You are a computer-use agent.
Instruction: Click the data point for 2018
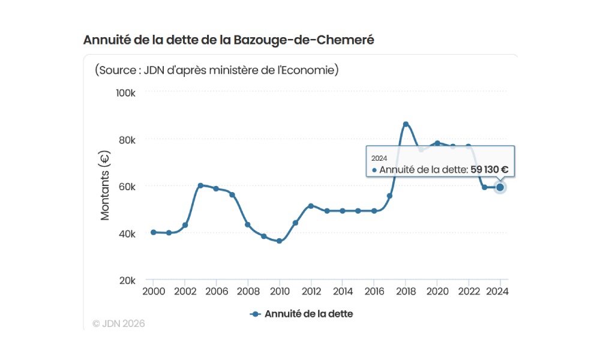tap(406, 124)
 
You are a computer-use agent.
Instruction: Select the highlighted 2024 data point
tap(500, 187)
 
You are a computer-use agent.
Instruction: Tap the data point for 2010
tap(280, 241)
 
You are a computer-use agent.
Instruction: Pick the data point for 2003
tap(200, 185)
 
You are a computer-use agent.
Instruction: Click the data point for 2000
tap(154, 232)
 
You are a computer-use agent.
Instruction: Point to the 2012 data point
tap(311, 206)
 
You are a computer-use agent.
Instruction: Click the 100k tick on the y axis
tap(127, 93)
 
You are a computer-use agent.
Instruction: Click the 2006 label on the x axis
tap(216, 291)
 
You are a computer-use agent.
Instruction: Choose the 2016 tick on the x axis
tap(374, 291)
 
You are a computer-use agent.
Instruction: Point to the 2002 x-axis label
tap(185, 291)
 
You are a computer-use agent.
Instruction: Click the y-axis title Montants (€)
tap(105, 187)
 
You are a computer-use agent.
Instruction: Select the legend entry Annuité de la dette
tap(301, 314)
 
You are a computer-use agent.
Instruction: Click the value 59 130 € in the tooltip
tap(489, 170)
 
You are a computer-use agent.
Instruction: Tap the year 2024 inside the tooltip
tap(379, 158)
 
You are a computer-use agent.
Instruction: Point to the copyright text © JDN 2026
tap(119, 323)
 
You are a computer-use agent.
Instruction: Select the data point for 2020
tap(437, 143)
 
